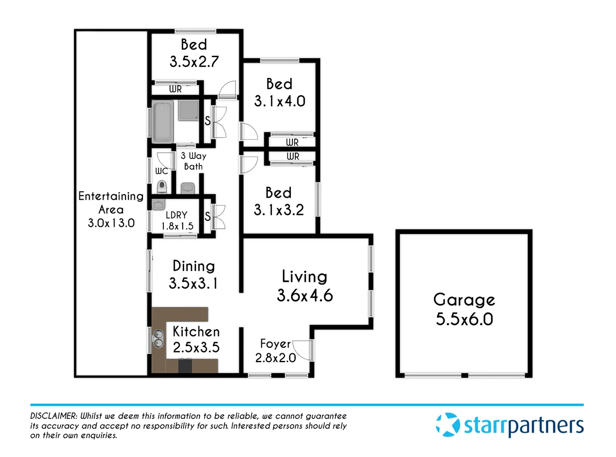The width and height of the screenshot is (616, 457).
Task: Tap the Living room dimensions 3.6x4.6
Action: tap(305, 295)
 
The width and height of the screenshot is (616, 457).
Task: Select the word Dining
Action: tap(194, 266)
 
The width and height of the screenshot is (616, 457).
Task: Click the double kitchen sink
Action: tap(158, 339)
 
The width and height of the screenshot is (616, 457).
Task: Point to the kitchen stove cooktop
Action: tap(185, 365)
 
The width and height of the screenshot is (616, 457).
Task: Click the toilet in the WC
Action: tap(162, 186)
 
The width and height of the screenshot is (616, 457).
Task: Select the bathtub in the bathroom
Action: tap(162, 122)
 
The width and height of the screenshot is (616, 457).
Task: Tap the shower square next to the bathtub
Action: tap(188, 110)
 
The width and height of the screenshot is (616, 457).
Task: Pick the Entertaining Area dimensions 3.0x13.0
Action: tap(111, 223)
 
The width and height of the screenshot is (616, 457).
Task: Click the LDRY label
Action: tap(176, 215)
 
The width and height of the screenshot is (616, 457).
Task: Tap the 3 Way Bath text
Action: tap(193, 161)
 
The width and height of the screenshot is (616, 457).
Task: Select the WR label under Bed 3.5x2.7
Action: tap(175, 89)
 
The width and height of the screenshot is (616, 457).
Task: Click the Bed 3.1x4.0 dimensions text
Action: tap(280, 101)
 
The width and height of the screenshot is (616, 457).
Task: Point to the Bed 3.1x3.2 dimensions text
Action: tap(279, 210)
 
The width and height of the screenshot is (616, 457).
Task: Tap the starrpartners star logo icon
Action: tap(448, 424)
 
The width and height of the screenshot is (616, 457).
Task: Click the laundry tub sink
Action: tap(158, 205)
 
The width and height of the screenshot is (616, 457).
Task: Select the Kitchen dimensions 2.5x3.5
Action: tap(196, 347)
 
